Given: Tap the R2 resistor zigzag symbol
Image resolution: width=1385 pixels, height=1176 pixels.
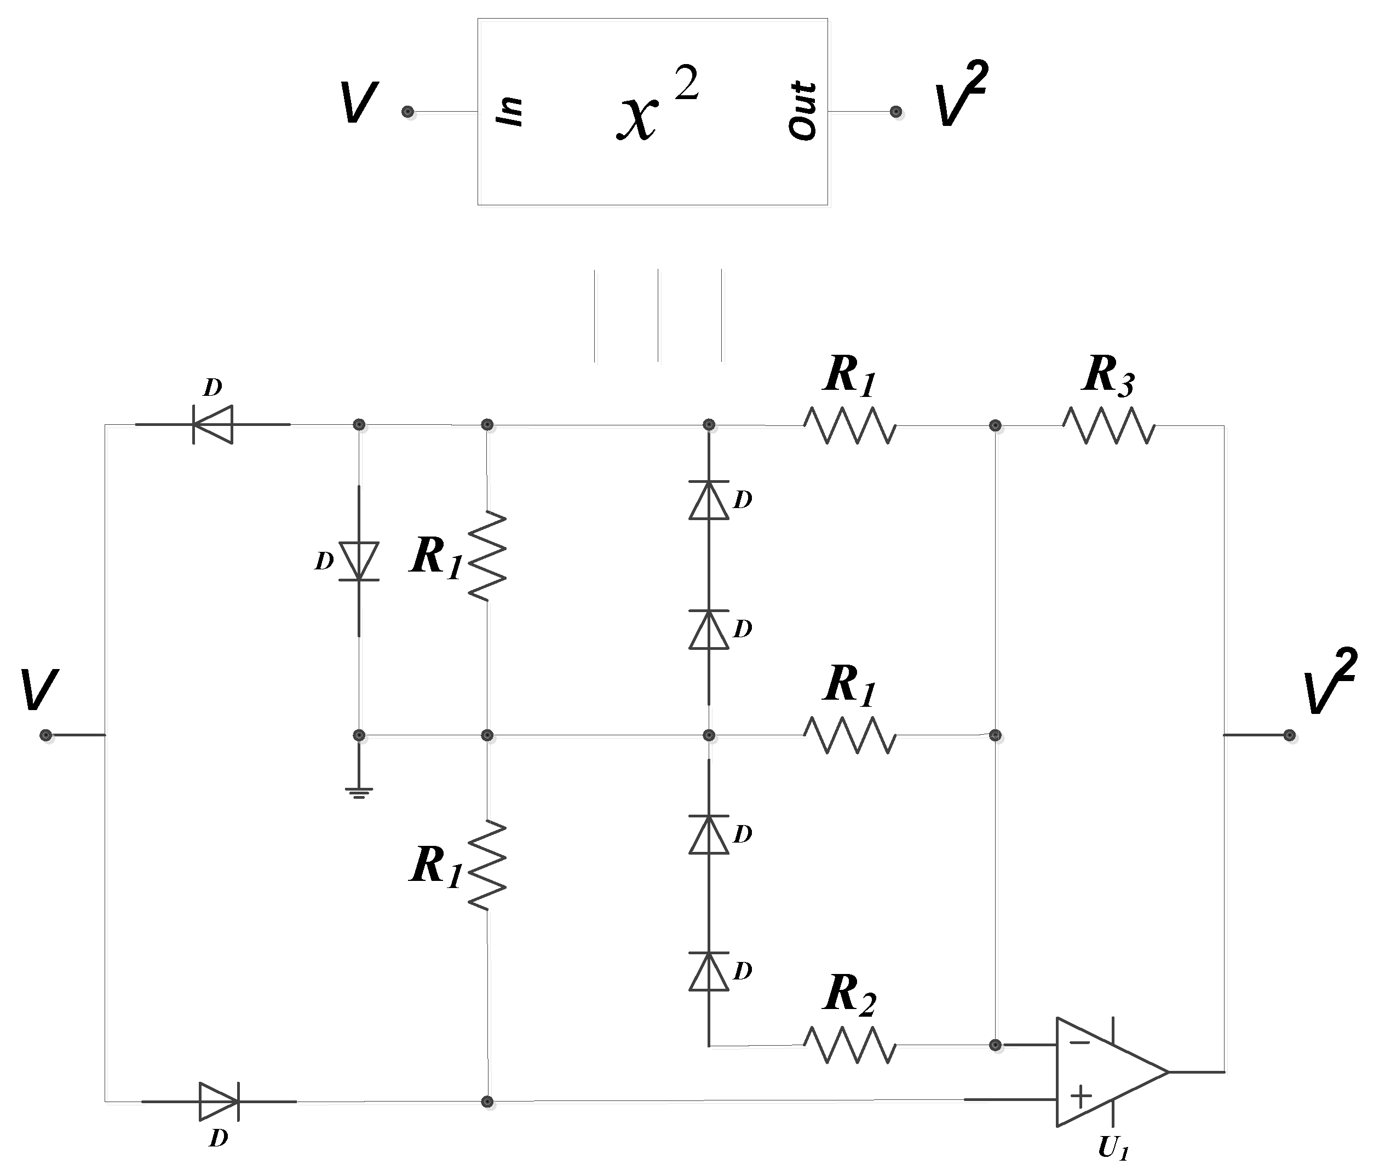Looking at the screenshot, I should click(849, 1045).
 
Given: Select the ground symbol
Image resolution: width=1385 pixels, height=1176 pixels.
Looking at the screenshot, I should click(359, 792).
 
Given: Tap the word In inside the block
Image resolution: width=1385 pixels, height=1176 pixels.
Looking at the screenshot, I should click(510, 111).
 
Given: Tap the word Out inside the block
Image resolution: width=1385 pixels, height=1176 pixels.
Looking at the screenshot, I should click(802, 111).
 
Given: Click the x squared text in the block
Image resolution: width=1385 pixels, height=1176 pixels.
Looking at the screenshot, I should click(657, 107).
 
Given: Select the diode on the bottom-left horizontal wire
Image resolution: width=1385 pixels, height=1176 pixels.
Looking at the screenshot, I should click(219, 1102).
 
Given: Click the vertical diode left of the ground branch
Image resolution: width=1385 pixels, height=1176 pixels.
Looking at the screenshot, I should click(359, 561).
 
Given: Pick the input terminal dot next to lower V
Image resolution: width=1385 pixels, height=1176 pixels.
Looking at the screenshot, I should click(45, 735).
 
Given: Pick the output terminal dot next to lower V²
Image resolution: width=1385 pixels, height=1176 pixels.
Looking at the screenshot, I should click(1290, 735).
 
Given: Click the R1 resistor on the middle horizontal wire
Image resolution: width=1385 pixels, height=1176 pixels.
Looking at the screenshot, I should click(849, 735).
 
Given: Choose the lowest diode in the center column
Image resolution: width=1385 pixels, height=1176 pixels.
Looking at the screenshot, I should click(708, 971).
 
